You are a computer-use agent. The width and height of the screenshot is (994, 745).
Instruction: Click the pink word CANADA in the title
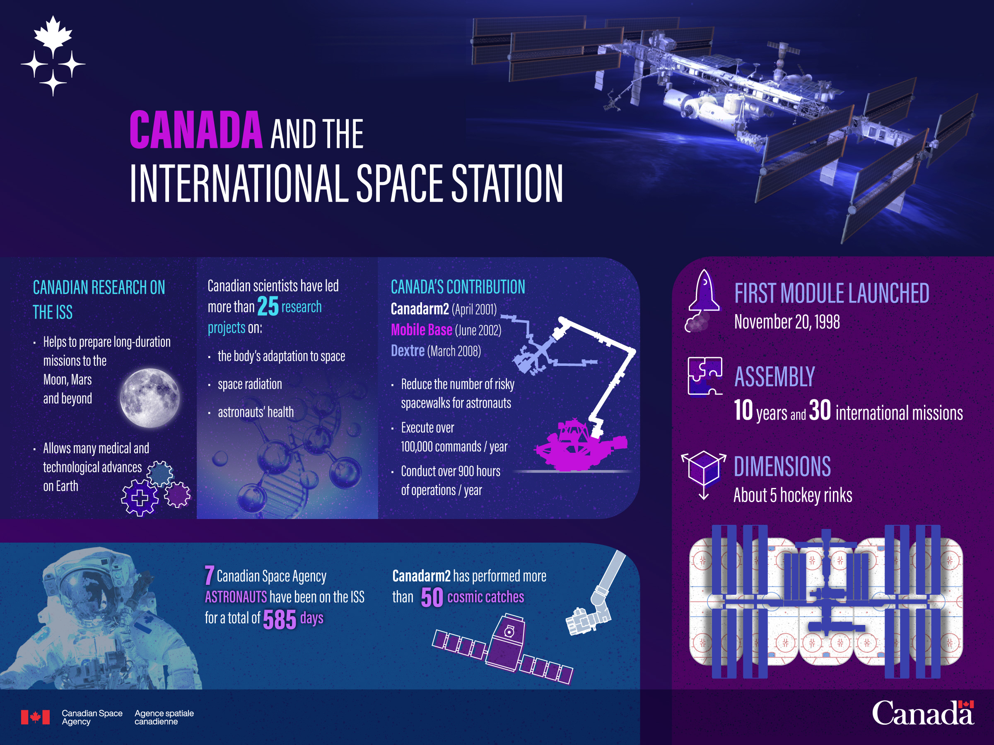(196, 130)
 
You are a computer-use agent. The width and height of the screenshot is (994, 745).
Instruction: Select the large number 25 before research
(268, 306)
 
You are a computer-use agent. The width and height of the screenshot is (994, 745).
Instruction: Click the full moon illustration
(150, 397)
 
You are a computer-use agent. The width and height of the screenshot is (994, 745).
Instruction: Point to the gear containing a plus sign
(140, 497)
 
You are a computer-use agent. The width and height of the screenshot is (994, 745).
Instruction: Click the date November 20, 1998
(787, 322)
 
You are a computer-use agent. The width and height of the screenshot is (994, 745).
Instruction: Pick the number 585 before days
(280, 620)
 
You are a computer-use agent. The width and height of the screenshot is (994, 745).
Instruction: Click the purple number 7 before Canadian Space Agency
(209, 575)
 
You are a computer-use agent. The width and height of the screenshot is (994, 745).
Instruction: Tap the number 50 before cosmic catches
(432, 597)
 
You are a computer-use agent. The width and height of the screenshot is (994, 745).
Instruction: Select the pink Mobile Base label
(422, 330)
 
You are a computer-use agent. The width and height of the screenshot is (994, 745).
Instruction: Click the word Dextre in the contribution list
(408, 351)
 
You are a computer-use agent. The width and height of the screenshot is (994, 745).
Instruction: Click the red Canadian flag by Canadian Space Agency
(35, 717)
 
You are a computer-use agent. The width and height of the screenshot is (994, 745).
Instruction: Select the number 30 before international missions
(820, 411)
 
